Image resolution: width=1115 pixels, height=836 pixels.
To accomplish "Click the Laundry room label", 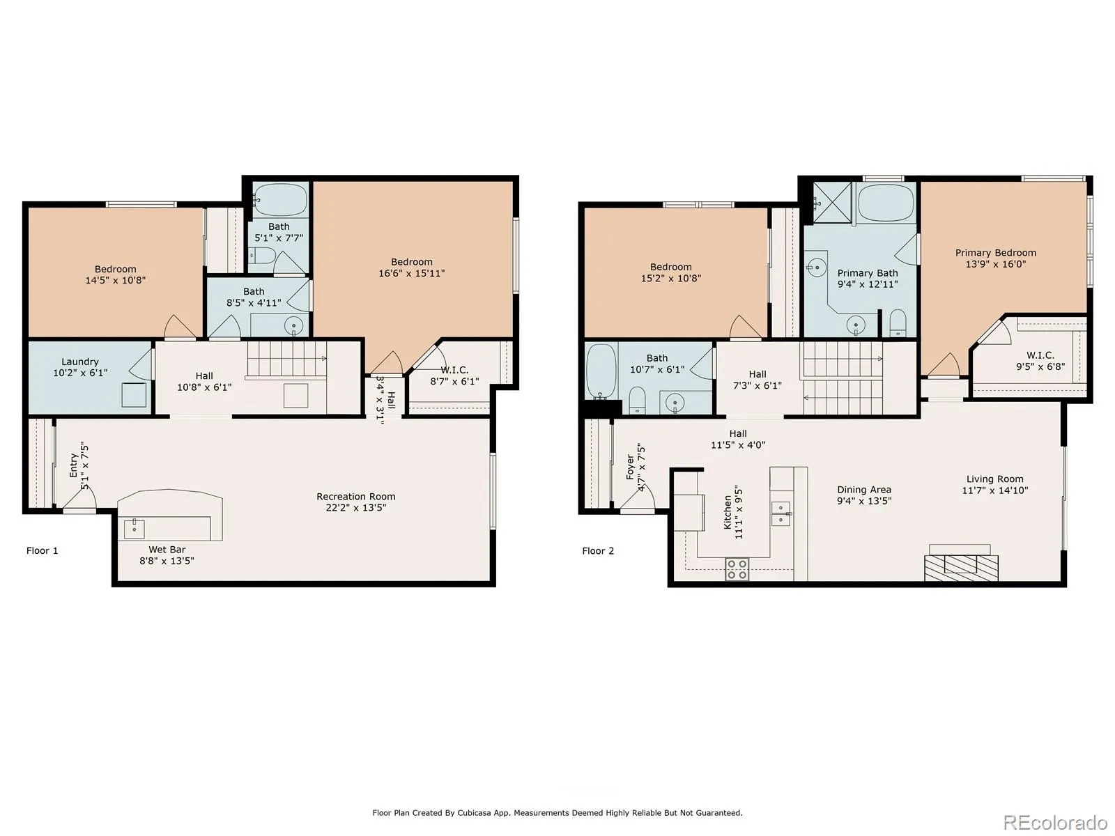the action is [79, 362].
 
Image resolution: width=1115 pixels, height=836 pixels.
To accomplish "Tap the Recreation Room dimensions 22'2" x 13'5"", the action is [355, 507].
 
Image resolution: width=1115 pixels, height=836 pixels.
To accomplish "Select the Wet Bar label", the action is [167, 549].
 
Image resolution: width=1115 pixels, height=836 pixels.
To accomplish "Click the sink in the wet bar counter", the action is [134, 528].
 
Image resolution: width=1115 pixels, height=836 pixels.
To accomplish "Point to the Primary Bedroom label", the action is [995, 252].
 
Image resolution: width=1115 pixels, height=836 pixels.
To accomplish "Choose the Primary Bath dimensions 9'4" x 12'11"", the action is [867, 284].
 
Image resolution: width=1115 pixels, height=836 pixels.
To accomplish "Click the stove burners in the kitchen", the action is [737, 569].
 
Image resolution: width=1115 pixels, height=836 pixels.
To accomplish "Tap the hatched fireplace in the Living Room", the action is [961, 568].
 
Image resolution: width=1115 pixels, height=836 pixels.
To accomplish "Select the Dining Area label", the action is [863, 489].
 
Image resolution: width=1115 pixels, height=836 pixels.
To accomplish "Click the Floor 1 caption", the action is [43, 550].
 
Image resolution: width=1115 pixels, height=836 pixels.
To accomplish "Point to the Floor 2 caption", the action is [598, 551].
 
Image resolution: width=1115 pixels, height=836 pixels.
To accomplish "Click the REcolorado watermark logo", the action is [1056, 822].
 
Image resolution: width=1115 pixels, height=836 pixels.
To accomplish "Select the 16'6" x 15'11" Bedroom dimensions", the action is [411, 273].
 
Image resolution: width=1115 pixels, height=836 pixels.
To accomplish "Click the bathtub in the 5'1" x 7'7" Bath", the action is [280, 199].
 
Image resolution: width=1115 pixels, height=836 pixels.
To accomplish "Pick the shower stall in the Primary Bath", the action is [832, 202].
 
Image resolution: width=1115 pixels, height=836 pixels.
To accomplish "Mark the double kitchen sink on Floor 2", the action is [780, 513].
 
